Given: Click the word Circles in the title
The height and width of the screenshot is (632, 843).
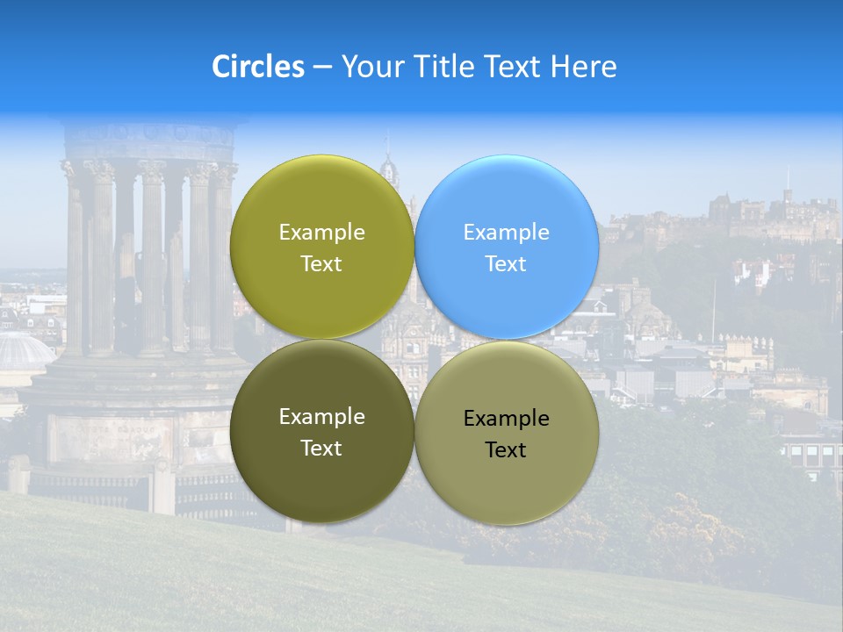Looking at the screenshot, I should coord(258,67).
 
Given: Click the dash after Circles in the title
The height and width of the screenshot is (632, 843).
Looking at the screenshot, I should coord(322,68).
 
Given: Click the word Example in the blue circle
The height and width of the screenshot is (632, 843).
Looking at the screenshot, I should coord(506,233).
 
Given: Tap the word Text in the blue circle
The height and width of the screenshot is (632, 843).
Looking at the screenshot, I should coord(506,263).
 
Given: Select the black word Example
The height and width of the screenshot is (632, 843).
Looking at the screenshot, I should coord(506,419).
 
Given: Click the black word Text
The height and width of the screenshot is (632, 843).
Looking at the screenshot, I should coord(506,449).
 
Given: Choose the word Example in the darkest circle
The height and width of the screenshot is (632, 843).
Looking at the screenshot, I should coord(321,417).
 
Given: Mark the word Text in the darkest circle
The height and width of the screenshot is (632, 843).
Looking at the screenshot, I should coord(321,448).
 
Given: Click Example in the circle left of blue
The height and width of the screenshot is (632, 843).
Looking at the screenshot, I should coord(321,233).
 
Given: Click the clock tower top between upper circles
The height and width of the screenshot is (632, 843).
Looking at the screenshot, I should coord(388,167).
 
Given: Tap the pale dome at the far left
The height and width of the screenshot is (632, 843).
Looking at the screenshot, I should coord(21,351).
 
